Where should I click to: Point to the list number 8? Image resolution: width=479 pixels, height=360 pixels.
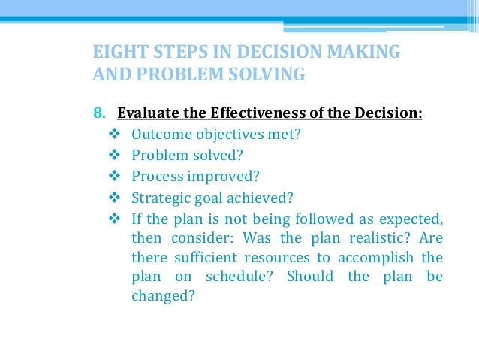click(98, 114)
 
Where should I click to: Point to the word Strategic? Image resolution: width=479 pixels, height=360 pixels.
click(160, 198)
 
